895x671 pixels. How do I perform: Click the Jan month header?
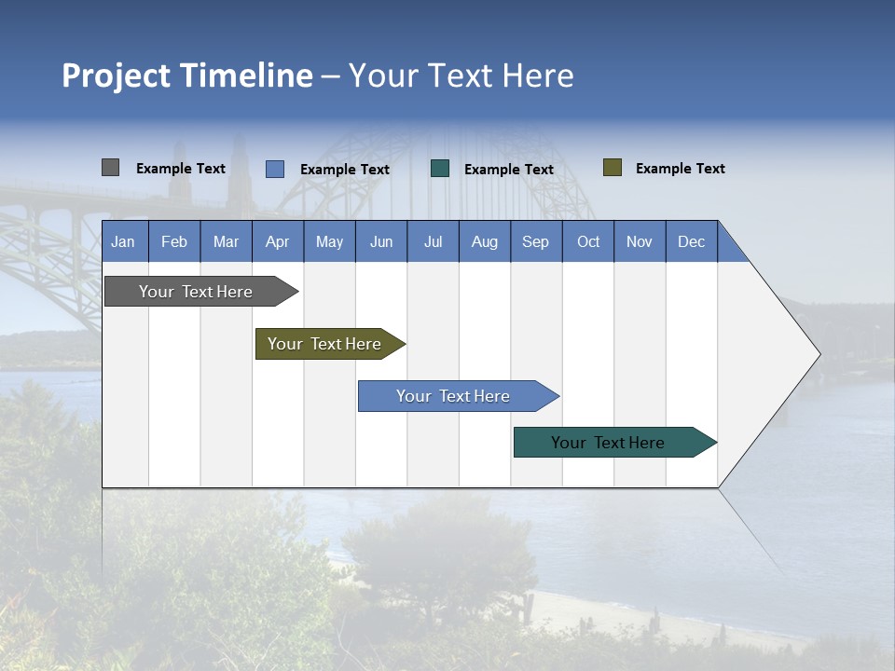click(x=124, y=241)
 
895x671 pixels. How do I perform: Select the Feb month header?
click(x=174, y=241)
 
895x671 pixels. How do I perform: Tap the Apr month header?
click(x=278, y=241)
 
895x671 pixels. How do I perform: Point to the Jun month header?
click(x=381, y=241)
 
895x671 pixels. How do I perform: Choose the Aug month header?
click(x=485, y=241)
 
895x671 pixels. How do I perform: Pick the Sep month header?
click(x=536, y=241)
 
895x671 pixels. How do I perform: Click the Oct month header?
click(x=588, y=241)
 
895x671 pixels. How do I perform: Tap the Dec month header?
click(x=692, y=241)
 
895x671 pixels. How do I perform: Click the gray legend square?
click(x=110, y=168)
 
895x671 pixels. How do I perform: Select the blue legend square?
click(x=275, y=169)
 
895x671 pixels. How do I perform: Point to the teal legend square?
click(x=440, y=168)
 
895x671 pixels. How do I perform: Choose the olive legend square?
click(x=613, y=168)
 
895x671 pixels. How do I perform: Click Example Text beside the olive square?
click(x=680, y=169)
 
